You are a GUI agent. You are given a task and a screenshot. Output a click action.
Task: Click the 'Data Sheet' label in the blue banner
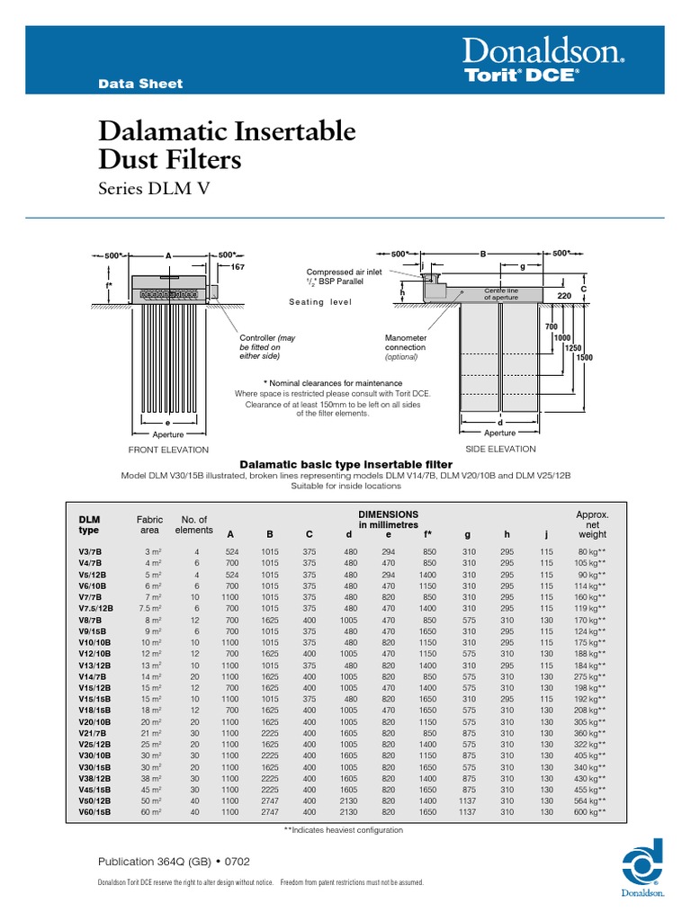[139, 84]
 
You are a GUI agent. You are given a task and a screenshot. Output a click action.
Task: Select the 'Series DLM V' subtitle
[157, 188]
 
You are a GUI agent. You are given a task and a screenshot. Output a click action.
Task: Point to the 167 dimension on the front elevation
[238, 267]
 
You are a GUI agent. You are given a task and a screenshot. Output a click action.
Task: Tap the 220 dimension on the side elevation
[564, 296]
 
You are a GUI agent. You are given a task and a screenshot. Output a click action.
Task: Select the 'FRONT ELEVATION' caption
[168, 450]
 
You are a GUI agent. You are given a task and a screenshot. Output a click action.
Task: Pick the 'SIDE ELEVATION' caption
[499, 449]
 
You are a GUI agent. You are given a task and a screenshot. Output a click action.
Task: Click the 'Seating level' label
[320, 303]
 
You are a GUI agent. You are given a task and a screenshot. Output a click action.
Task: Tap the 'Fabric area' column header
[149, 525]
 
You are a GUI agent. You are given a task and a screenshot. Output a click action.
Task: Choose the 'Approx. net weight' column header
[592, 524]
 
